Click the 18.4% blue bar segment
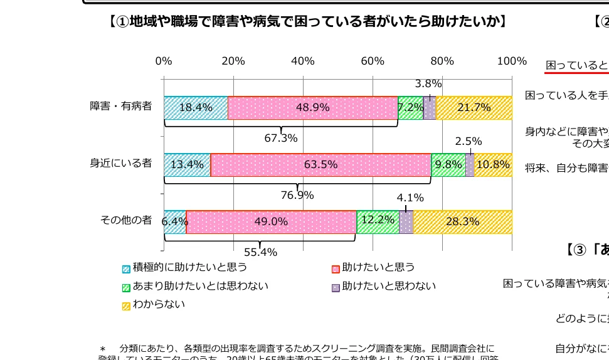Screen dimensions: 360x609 point(196,108)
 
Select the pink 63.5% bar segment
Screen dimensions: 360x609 point(320,165)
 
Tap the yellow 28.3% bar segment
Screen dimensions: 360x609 point(462,221)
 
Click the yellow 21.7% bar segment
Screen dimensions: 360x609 point(474,108)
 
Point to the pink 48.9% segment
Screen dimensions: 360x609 point(312,108)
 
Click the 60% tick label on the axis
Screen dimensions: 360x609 point(373,61)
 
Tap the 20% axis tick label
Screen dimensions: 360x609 point(233,61)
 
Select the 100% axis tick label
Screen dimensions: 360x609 point(512,61)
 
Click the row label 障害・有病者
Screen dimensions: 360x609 point(121,106)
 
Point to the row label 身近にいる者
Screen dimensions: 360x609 point(121,163)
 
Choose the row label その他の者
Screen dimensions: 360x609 point(126,220)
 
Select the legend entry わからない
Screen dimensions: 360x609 point(159,305)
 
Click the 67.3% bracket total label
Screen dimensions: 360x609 point(280,138)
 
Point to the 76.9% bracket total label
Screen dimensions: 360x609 point(297,195)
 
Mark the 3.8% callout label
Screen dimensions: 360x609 point(428,83)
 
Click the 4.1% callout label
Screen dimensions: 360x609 point(410,198)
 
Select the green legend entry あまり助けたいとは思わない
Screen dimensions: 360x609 point(200,287)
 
